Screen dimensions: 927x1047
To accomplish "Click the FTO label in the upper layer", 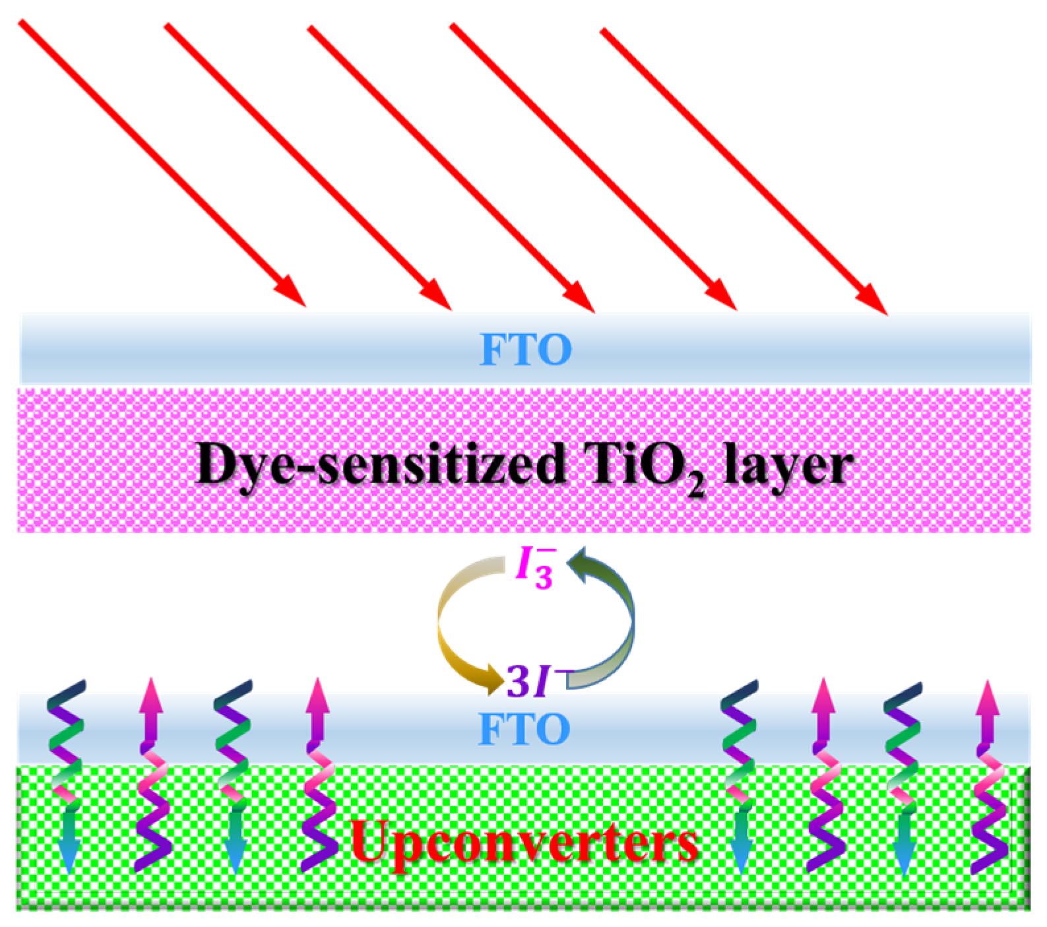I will click(x=526, y=350).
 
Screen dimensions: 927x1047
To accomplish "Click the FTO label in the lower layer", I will click(x=524, y=729).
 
